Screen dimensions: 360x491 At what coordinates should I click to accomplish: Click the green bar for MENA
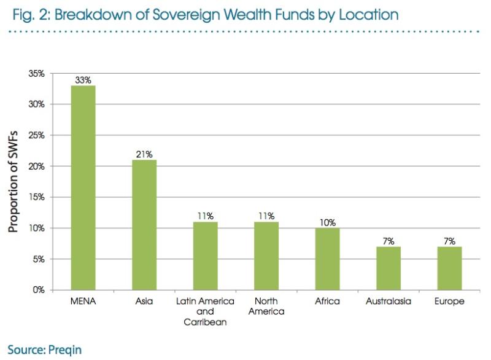pyautogui.click(x=83, y=187)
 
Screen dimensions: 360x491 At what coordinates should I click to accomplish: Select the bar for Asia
pyautogui.click(x=144, y=224)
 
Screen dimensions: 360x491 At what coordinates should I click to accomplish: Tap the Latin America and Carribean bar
pyautogui.click(x=205, y=256)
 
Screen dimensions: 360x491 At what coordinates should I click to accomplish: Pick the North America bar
pyautogui.click(x=266, y=256)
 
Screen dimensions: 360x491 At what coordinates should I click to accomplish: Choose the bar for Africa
pyautogui.click(x=327, y=259)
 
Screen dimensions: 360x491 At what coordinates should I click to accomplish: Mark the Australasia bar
pyautogui.click(x=389, y=268)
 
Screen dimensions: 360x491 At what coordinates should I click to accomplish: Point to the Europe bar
pyautogui.click(x=449, y=268)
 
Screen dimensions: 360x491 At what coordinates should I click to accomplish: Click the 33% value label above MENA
pyautogui.click(x=83, y=80)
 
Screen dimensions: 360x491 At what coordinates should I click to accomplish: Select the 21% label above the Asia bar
pyautogui.click(x=144, y=154)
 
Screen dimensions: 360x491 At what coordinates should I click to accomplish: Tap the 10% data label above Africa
pyautogui.click(x=327, y=222)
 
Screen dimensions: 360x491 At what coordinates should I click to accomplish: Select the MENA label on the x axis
pyautogui.click(x=83, y=302)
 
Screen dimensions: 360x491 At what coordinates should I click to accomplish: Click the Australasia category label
pyautogui.click(x=389, y=302)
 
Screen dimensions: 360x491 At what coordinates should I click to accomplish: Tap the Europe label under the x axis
pyautogui.click(x=449, y=302)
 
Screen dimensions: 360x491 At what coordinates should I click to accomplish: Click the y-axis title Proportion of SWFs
pyautogui.click(x=14, y=182)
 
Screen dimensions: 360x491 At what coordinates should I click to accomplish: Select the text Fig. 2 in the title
pyautogui.click(x=28, y=14)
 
